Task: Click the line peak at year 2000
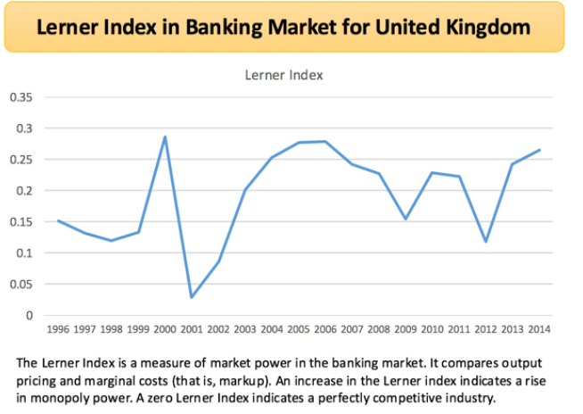coord(165,137)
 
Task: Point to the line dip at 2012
coord(486,242)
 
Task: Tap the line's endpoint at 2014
coord(539,150)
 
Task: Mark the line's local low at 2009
coord(406,219)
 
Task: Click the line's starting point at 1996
coord(58,220)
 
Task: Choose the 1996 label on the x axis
coord(59,328)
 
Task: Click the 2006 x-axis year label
coord(325,328)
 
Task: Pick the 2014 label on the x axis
coord(539,328)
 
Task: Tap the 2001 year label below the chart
coord(193,328)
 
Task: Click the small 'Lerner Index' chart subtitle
coord(283,75)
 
